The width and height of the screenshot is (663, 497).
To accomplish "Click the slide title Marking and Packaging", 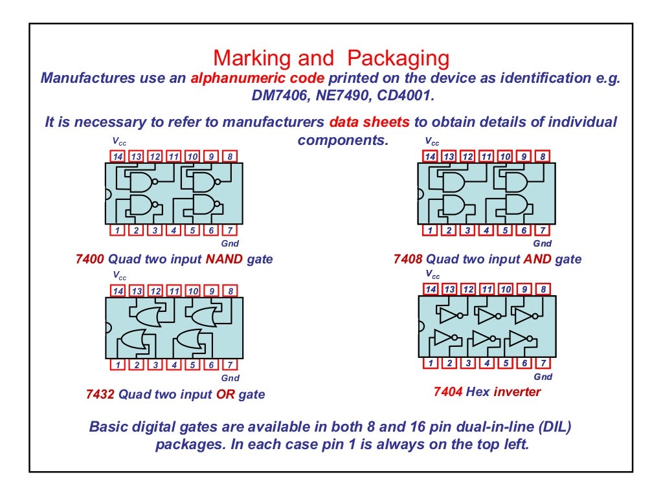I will pyautogui.click(x=331, y=58).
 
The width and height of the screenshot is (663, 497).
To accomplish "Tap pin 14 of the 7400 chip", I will pyautogui.click(x=117, y=157).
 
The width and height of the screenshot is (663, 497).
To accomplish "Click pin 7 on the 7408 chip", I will pyautogui.click(x=543, y=230).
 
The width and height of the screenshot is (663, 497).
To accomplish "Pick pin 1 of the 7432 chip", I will pyautogui.click(x=117, y=365).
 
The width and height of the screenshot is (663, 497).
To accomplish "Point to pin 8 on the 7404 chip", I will pyautogui.click(x=543, y=289).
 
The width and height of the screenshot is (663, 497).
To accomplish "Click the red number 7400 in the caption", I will pyautogui.click(x=89, y=260).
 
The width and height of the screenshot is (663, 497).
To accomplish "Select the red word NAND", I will pyautogui.click(x=223, y=260).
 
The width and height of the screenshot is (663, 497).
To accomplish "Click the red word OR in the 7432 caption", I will pyautogui.click(x=225, y=394).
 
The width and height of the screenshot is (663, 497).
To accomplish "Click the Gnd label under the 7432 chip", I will pyautogui.click(x=230, y=378).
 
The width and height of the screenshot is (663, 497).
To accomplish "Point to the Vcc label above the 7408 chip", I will pyautogui.click(x=432, y=142).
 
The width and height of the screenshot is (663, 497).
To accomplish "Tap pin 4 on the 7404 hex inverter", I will pyautogui.click(x=487, y=362).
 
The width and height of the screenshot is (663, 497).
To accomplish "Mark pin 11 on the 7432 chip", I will pyautogui.click(x=174, y=291).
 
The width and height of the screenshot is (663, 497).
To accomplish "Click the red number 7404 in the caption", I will pyautogui.click(x=448, y=392).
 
